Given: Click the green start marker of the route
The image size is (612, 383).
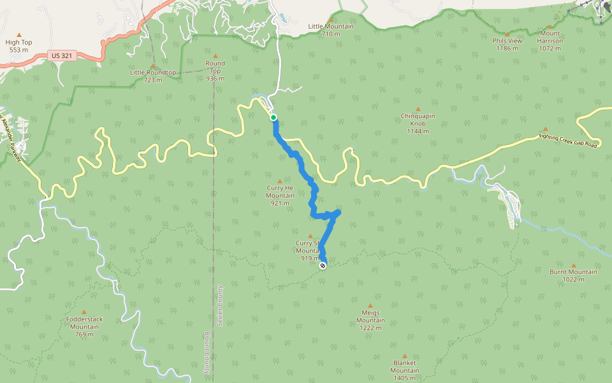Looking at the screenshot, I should pyautogui.click(x=273, y=117).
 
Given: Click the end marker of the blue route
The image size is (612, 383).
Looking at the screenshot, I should pyautogui.click(x=323, y=265).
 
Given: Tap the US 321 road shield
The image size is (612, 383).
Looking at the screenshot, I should pyautogui.click(x=62, y=56).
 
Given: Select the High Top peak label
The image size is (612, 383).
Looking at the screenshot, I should pyautogui.click(x=18, y=43).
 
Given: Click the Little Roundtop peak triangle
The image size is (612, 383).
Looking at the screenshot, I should pyautogui.click(x=152, y=66).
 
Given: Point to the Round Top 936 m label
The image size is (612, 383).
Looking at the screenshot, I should pyautogui.click(x=215, y=71).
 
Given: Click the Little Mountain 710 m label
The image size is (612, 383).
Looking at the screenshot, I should pyautogui.click(x=330, y=30).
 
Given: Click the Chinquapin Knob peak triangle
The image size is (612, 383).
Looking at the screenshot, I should pyautogui.click(x=418, y=109).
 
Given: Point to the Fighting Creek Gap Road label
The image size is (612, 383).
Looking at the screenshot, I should pyautogui.click(x=567, y=140).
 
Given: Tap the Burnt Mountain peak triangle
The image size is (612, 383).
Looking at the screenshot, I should pyautogui.click(x=573, y=266).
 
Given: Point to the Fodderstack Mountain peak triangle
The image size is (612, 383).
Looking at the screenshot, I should pyautogui.click(x=84, y=312).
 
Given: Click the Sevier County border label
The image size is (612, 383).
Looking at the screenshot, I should pyautogui.click(x=219, y=306).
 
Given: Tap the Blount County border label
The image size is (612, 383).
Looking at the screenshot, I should pyautogui.click(x=207, y=352).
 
